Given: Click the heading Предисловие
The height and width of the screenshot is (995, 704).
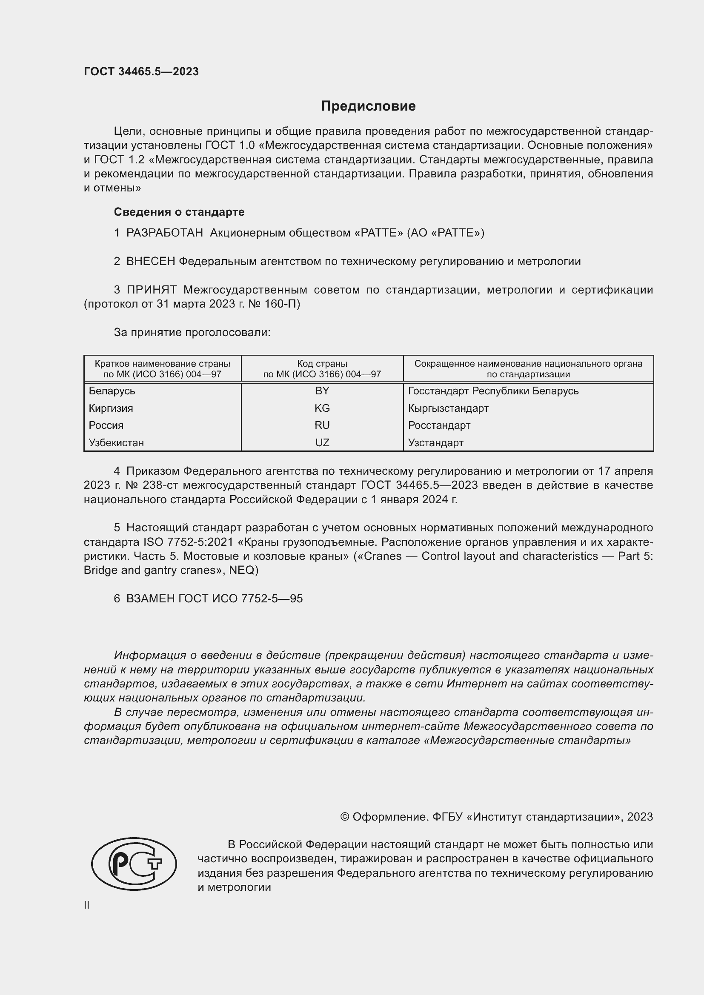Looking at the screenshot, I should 368,106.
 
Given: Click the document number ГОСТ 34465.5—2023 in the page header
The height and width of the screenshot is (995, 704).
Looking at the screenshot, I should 141,71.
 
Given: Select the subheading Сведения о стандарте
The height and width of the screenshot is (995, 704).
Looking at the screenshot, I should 179,212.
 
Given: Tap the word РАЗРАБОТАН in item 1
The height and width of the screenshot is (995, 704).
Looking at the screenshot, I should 165,233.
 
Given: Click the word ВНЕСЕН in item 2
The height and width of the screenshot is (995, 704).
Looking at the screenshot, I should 151,262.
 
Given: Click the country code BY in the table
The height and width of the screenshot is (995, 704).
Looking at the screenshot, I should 322,391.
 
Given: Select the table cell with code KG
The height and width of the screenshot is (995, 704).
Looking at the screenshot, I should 322,408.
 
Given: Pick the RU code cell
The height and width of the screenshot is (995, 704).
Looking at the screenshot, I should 322,425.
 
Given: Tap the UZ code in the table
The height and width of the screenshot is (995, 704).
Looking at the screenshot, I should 322,442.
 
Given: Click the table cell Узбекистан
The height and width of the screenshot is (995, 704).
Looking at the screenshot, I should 116,442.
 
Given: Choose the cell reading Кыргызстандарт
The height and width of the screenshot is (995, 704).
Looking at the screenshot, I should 448,408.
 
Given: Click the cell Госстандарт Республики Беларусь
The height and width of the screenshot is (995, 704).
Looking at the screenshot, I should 493,391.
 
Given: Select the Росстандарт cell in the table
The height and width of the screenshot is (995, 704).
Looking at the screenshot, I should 439,425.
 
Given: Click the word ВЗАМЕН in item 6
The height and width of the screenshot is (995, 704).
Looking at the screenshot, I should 150,599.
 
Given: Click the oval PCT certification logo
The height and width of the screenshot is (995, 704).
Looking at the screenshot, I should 134,864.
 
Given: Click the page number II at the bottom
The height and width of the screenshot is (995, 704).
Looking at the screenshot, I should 87,905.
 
